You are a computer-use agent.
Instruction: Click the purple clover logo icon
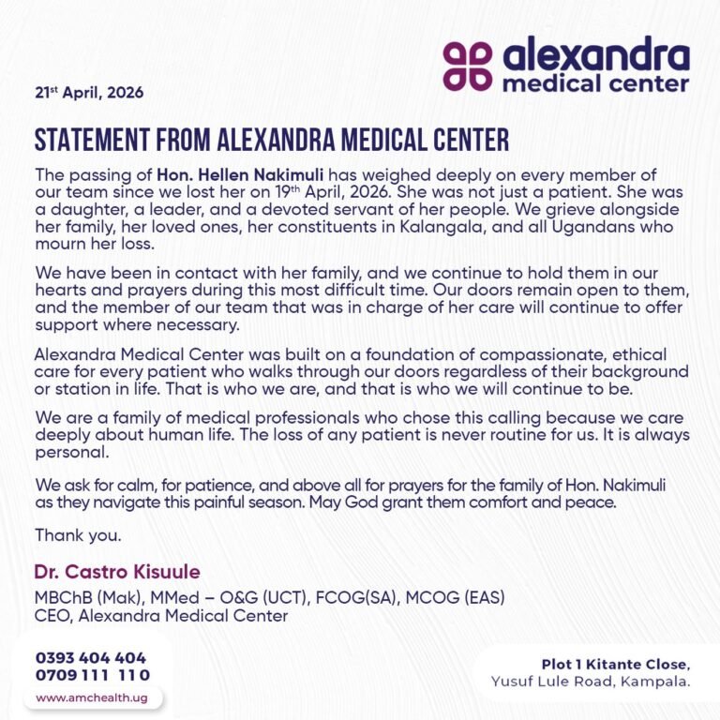click(467, 65)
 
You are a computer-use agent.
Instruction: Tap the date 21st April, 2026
click(89, 93)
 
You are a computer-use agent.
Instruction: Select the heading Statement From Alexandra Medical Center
click(272, 140)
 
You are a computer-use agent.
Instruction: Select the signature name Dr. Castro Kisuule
click(117, 572)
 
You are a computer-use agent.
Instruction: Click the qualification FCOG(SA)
click(357, 597)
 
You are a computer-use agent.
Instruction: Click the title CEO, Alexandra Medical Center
click(160, 616)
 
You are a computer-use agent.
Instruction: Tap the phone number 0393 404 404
click(91, 657)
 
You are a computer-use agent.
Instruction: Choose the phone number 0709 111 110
click(92, 675)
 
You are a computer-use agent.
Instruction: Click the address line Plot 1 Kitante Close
click(615, 665)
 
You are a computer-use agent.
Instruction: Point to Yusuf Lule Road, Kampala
click(591, 682)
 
